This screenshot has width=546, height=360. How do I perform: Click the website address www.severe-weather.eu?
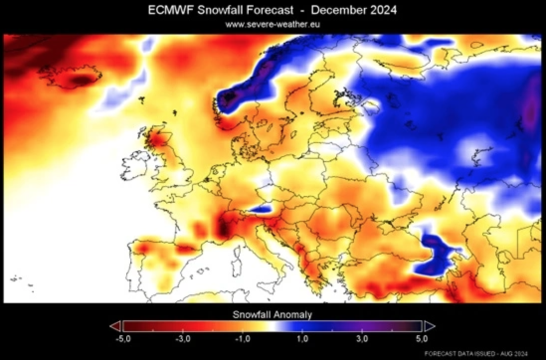(273, 24)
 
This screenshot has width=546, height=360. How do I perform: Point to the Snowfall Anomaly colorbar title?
(273, 315)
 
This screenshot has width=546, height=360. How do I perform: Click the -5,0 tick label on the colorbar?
(122, 339)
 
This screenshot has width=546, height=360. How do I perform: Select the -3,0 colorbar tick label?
(182, 339)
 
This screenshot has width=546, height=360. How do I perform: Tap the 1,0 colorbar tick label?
(303, 339)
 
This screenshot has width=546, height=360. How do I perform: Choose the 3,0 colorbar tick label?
(363, 339)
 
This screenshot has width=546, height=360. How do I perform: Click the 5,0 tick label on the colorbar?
(422, 339)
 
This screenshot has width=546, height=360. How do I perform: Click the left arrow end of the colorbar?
(115, 326)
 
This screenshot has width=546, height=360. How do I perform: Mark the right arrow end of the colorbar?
(429, 326)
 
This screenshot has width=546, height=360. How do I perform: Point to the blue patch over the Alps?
(260, 209)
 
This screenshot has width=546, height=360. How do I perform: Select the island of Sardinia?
(235, 279)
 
